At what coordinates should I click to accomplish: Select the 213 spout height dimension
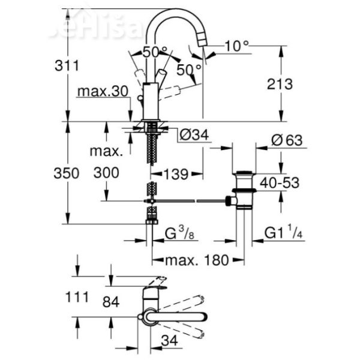point(280,84)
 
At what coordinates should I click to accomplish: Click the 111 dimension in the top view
point(77,296)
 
